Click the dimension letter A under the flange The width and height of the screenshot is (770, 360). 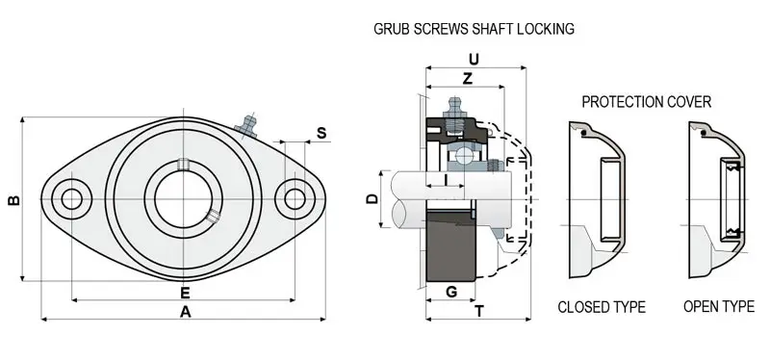[185, 311]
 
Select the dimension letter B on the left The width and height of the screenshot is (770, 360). [14, 200]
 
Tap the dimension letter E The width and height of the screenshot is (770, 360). [185, 293]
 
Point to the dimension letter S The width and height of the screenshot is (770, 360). [321, 133]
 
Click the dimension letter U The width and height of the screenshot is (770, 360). [474, 60]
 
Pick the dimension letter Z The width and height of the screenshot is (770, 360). [468, 79]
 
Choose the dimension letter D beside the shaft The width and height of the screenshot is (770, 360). [372, 199]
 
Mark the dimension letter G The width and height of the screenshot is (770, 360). [451, 293]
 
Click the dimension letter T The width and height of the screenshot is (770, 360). [479, 311]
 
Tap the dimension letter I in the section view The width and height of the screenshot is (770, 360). [446, 180]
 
